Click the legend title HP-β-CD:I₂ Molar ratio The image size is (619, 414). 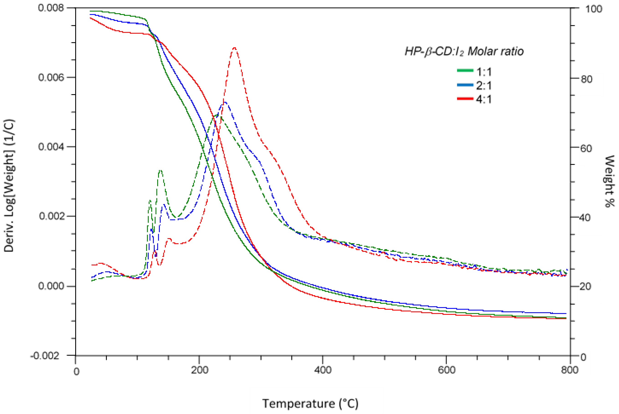[x=464, y=51]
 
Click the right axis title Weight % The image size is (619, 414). [x=609, y=181]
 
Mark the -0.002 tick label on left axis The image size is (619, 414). [x=45, y=356]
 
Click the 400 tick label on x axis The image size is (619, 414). [x=323, y=370]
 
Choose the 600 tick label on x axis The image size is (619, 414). [x=446, y=370]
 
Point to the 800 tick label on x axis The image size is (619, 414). [x=570, y=370]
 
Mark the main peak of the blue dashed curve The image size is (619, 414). [x=224, y=102]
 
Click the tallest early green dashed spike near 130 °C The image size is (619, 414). [x=160, y=170]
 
